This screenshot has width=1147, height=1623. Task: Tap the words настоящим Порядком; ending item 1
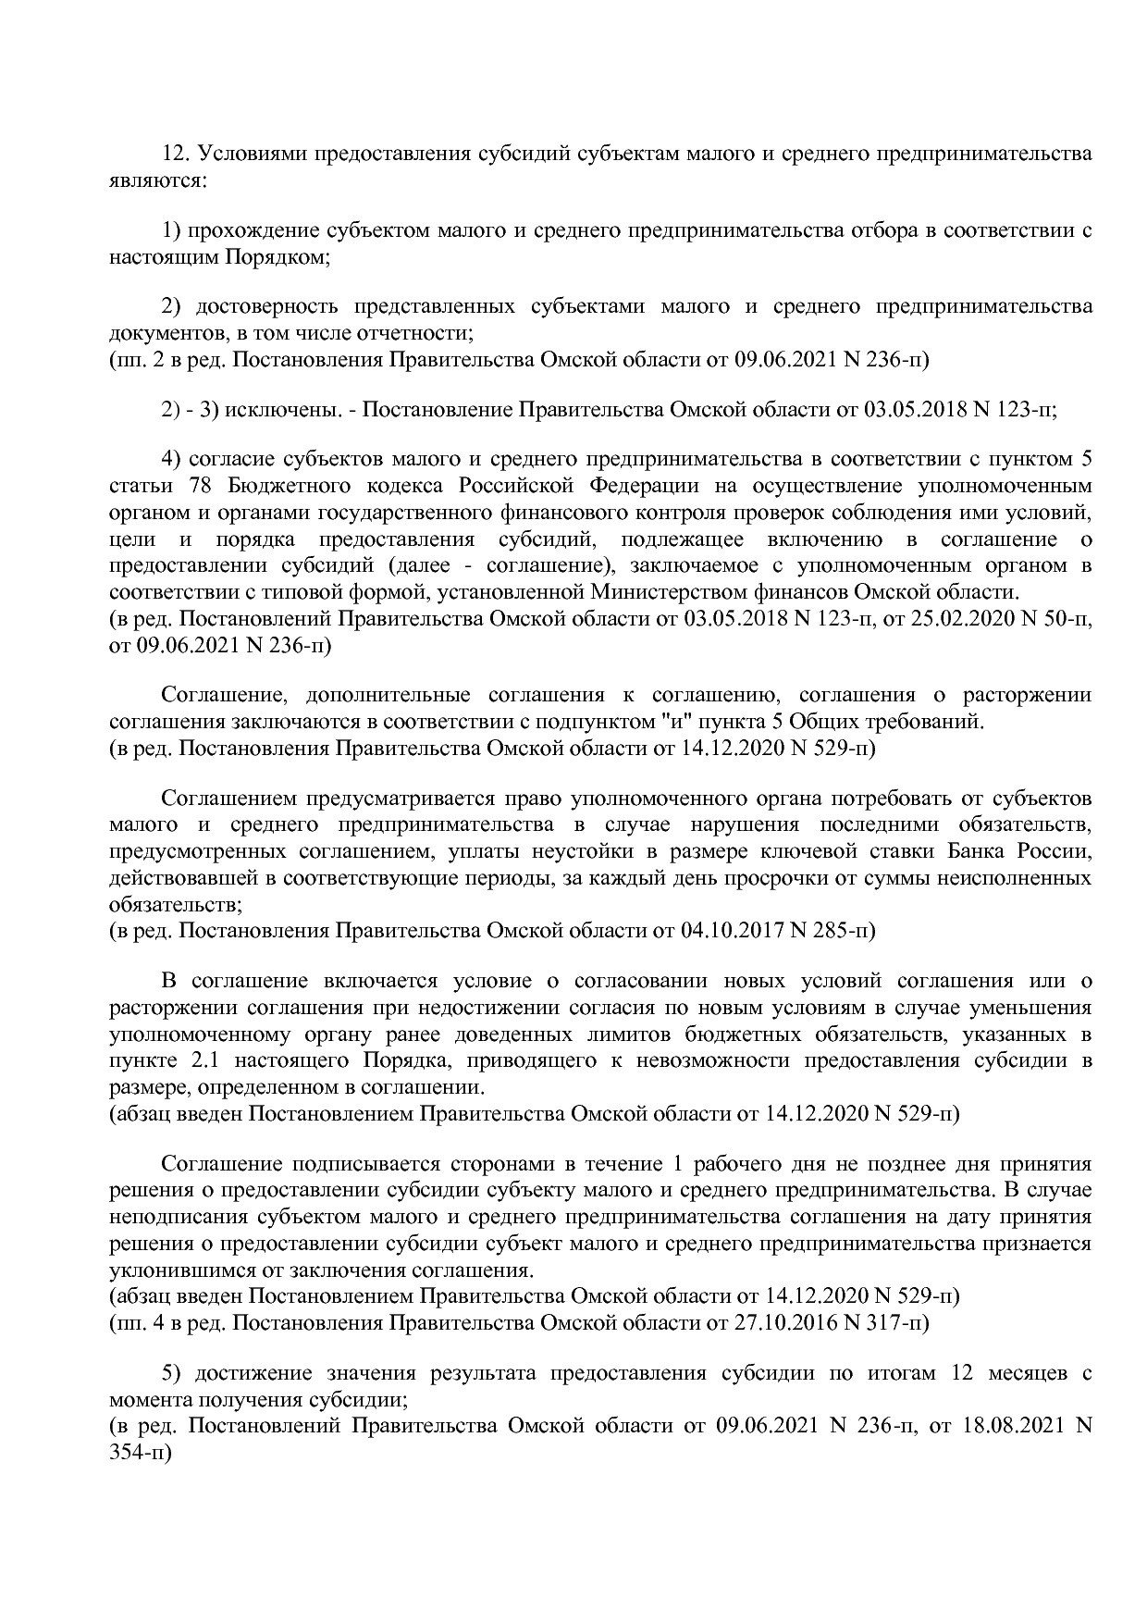pos(219,256)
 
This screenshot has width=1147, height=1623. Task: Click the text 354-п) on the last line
pos(141,1452)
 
